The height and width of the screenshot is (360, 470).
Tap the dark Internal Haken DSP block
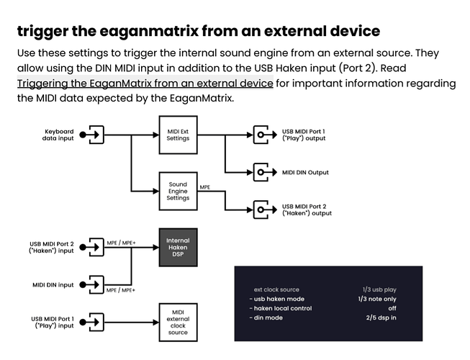(x=177, y=246)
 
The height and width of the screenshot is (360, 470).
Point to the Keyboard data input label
(x=59, y=135)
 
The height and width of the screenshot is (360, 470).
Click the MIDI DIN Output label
(x=305, y=173)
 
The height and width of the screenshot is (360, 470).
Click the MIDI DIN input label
(x=53, y=284)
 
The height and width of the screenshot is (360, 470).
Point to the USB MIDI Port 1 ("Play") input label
(x=52, y=322)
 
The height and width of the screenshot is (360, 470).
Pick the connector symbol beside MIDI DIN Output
(x=261, y=172)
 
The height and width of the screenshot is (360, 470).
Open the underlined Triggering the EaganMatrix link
(x=145, y=83)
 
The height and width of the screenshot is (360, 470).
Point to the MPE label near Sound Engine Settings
(x=205, y=187)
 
